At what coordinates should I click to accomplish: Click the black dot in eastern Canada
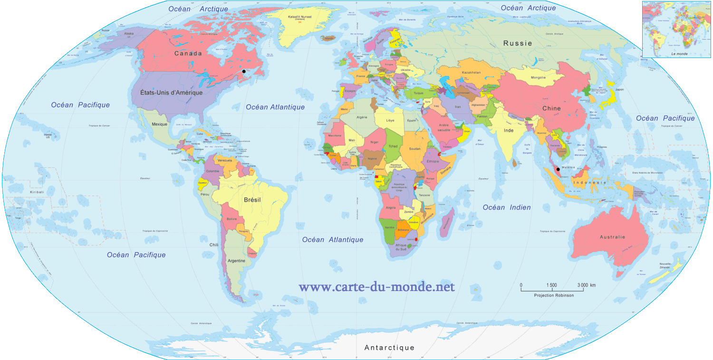coord(244,71)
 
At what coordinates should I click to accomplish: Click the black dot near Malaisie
coord(558,169)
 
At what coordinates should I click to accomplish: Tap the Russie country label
coord(518,43)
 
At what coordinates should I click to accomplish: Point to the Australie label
coord(612,237)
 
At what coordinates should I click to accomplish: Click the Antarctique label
coord(389,348)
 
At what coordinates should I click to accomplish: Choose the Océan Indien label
coord(507,207)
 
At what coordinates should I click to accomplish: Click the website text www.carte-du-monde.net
coord(376,287)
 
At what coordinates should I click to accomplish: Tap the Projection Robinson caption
coord(554,295)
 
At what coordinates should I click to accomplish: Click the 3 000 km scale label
coord(586,285)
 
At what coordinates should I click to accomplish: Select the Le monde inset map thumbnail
coord(676,29)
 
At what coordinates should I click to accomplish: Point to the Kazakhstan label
coord(471,73)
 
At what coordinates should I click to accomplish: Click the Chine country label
coord(551,108)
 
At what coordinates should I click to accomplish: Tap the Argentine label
coord(236,261)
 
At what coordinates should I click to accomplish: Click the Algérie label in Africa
coord(362,117)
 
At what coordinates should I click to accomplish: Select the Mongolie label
coord(538,78)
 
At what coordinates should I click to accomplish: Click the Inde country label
coord(509,130)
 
